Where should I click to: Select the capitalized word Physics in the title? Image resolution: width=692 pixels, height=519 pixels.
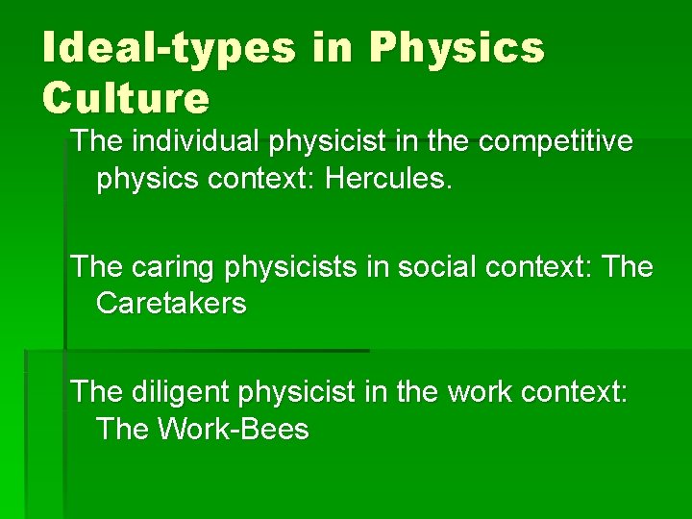pyautogui.click(x=457, y=47)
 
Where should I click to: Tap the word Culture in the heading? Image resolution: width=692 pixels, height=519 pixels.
pyautogui.click(x=125, y=97)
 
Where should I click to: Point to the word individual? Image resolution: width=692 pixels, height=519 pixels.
pyautogui.click(x=191, y=141)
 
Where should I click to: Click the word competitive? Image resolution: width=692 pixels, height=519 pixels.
pyautogui.click(x=558, y=141)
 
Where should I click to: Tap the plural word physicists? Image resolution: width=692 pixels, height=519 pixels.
pyautogui.click(x=285, y=266)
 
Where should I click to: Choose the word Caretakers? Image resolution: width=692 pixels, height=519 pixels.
pyautogui.click(x=171, y=305)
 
